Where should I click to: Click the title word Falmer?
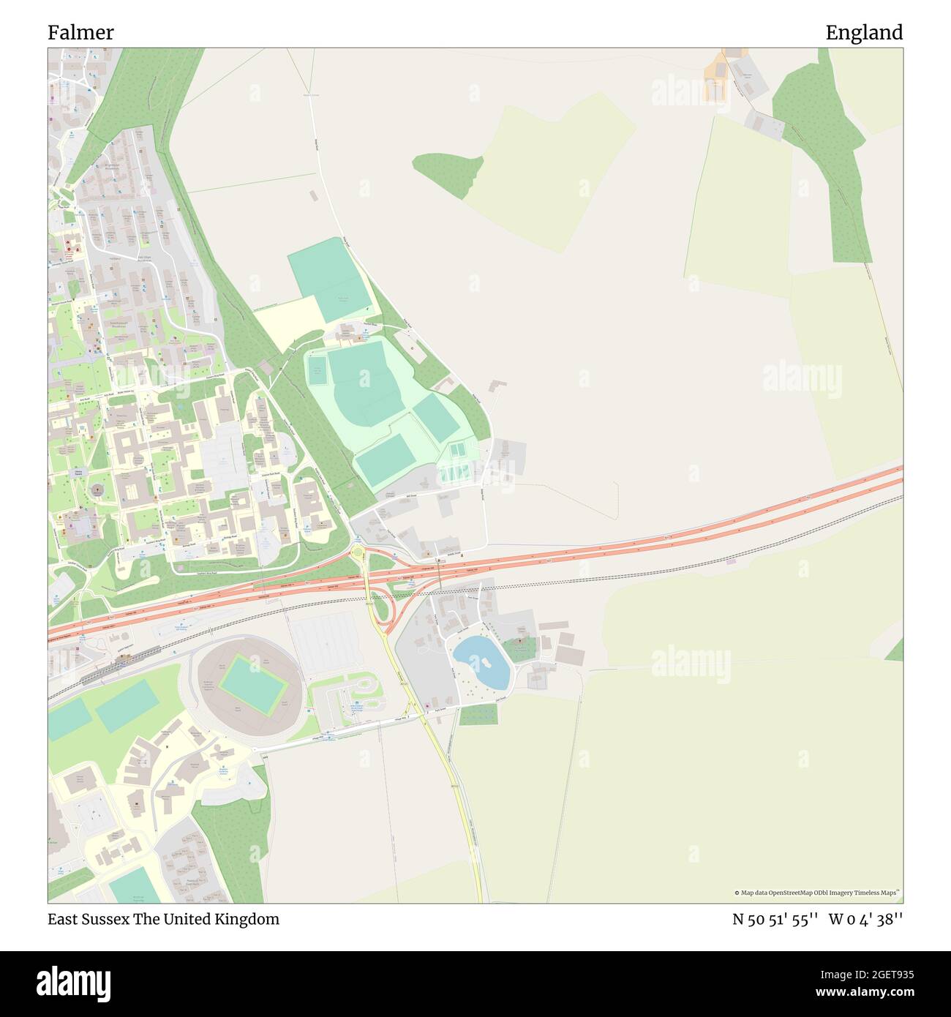pos(80,33)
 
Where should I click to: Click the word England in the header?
pos(864,33)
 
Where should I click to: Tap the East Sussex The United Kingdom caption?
pos(163,919)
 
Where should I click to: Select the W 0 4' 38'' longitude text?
pos(865,920)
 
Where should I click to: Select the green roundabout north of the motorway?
pos(358,552)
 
